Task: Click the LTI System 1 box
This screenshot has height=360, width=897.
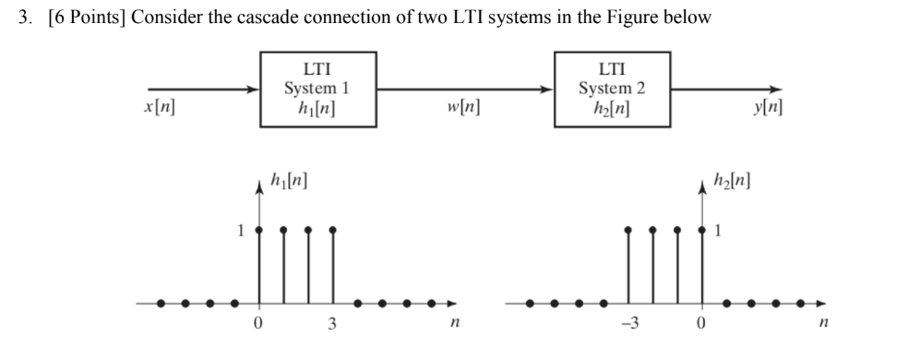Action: tap(317, 90)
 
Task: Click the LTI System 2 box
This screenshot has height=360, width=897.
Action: tap(611, 90)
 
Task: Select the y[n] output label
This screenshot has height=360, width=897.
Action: tap(769, 108)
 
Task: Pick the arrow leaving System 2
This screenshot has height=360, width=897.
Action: tap(729, 90)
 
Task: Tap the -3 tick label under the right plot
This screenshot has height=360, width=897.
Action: tap(627, 324)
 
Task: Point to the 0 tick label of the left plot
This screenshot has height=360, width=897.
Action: tap(258, 324)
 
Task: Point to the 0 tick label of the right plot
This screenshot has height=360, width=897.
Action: tap(702, 324)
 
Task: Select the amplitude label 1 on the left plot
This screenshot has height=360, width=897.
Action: tap(243, 229)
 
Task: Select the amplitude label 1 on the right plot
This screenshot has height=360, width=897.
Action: tap(721, 229)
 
